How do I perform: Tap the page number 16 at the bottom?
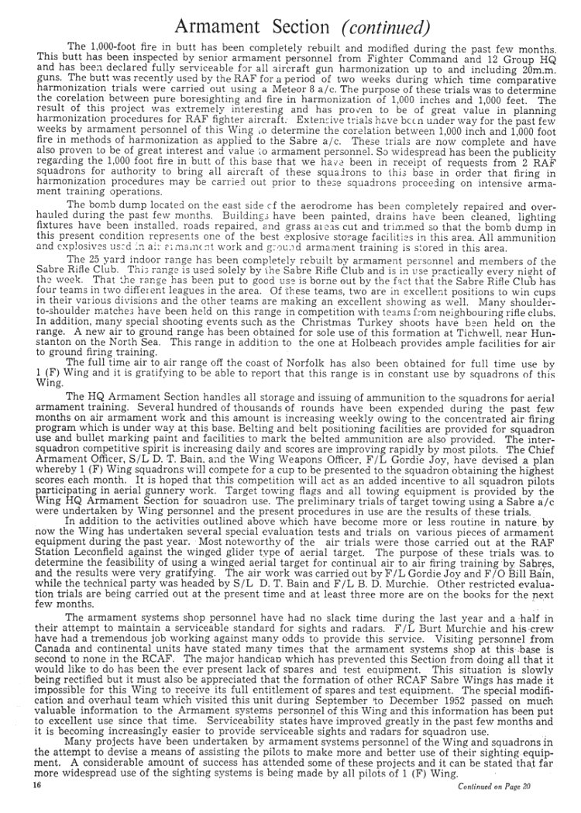tap(36, 785)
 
